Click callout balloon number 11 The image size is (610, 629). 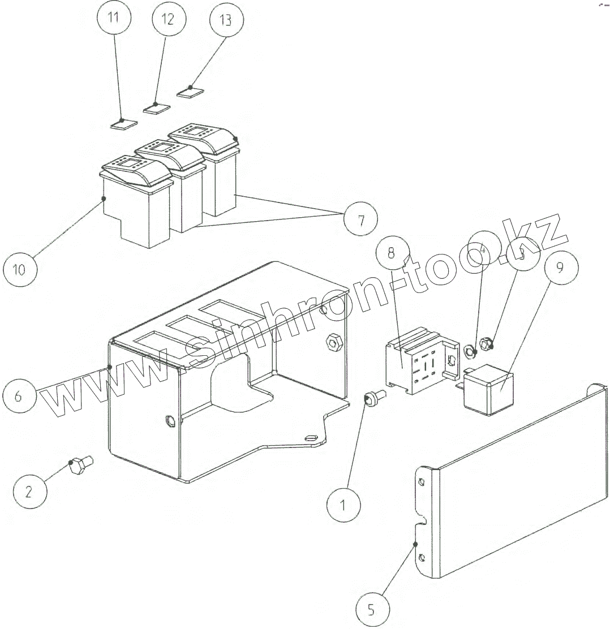click(x=114, y=18)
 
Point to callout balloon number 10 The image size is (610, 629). click(x=19, y=269)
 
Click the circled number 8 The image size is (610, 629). click(x=391, y=253)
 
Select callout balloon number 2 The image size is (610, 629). click(x=30, y=491)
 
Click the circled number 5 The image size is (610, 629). click(x=371, y=610)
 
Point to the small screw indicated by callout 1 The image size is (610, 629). click(x=373, y=399)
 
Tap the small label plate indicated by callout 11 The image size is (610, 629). click(x=123, y=123)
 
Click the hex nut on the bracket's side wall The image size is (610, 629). click(x=333, y=341)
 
